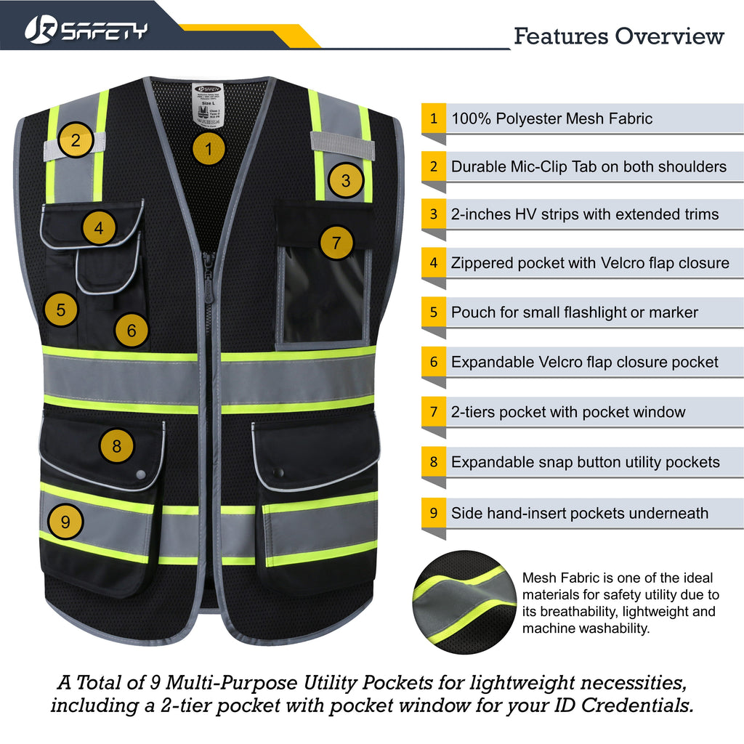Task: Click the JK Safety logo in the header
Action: pos(86,30)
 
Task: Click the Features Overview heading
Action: pos(619,36)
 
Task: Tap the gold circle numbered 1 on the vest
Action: pos(209,150)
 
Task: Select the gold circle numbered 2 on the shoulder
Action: pos(81,138)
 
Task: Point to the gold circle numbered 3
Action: pos(346,180)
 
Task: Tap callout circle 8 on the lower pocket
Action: pos(117,443)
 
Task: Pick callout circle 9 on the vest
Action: pos(65,521)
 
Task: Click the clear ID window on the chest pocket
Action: pos(324,294)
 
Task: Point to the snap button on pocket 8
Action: pos(140,473)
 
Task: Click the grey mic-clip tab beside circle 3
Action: pos(342,145)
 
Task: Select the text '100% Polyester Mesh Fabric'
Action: pos(551,118)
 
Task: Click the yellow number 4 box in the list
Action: pos(434,262)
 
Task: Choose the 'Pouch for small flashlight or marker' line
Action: pos(574,312)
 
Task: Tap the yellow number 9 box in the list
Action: pos(434,513)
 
